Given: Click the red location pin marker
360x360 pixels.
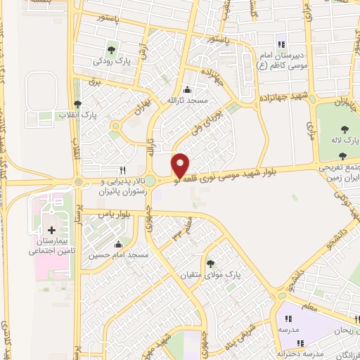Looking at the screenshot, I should coord(181,165).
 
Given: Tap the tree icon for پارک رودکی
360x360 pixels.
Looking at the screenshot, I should coord(110,49).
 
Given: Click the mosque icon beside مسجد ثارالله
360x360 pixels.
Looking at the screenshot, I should coord(186,90).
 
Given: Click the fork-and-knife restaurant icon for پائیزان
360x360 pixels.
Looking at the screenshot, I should coord(123,170).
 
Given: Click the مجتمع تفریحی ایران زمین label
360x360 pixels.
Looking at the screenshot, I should coord(341,174).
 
